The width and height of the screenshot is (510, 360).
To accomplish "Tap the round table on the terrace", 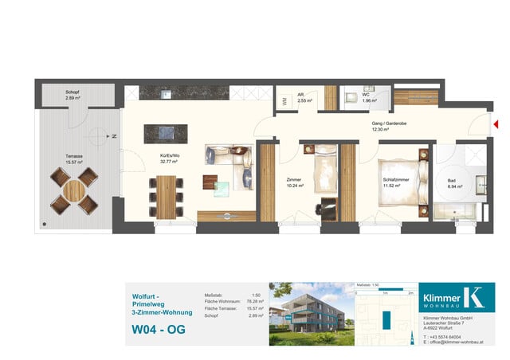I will [x=74, y=191].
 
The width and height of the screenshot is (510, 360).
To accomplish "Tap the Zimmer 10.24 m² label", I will [x=295, y=183].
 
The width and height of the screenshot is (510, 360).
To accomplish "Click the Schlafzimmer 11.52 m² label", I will [x=397, y=183].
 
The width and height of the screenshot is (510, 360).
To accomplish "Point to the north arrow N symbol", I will [x=114, y=138].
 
